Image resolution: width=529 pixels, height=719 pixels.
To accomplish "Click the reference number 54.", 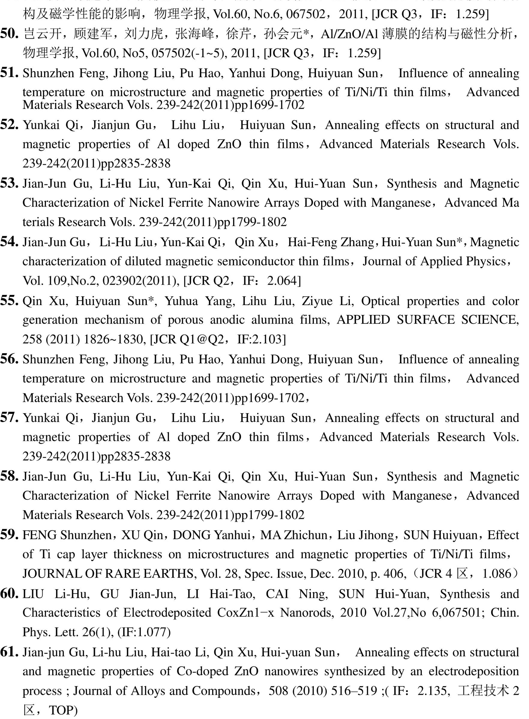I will pos(9,242).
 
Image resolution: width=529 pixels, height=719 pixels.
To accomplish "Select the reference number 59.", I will pos(9,535).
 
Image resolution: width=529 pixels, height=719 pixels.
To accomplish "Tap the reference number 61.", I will pos(9,652).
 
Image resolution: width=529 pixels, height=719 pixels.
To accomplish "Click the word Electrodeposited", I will pos(167,613).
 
